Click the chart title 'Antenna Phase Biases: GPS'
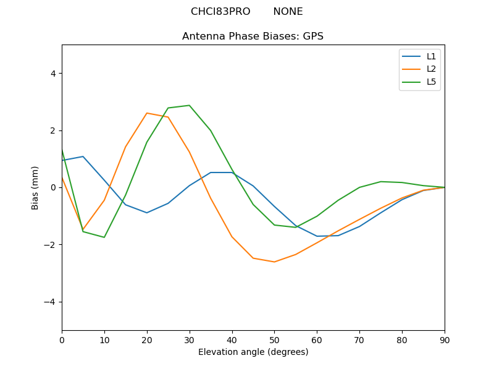tap(253, 36)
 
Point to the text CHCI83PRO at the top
tap(220, 12)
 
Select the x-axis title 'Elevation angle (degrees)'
tap(253, 352)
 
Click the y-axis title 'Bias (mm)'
tap(35, 187)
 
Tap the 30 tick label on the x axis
tap(189, 340)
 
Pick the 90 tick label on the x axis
tap(444, 340)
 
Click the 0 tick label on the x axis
tap(62, 340)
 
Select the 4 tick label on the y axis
tap(52, 74)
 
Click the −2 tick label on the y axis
tap(50, 245)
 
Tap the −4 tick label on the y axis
tap(50, 302)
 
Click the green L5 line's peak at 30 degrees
tap(189, 105)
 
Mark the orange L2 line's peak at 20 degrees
tap(147, 113)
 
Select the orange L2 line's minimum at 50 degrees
tap(274, 262)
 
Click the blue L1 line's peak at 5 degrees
tap(83, 156)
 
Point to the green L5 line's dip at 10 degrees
tap(104, 237)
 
